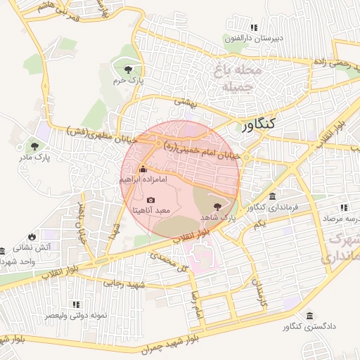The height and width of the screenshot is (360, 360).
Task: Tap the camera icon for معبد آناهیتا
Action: [x=151, y=200]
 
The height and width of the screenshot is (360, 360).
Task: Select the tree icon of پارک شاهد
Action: [x=217, y=207]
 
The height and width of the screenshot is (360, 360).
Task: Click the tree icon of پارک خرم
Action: [x=128, y=69]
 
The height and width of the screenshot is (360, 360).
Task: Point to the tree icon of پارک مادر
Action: [x=34, y=146]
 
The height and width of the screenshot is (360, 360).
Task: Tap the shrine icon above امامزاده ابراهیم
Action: [x=143, y=169]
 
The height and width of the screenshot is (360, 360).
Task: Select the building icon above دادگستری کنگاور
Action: [x=311, y=315]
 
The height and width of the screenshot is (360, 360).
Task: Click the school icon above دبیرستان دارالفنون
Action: [x=255, y=27]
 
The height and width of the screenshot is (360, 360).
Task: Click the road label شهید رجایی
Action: [x=124, y=284]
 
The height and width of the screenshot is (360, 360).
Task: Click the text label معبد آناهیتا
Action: [x=153, y=211]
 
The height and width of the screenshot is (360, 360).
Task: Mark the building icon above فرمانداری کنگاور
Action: [x=272, y=196]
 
